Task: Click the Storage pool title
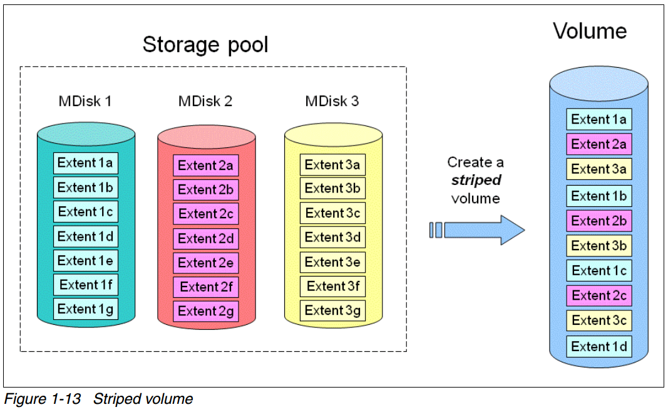tap(205, 45)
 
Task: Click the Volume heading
tap(589, 31)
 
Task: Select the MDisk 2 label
tap(205, 101)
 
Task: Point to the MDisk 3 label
tap(332, 101)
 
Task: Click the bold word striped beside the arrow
tap(476, 181)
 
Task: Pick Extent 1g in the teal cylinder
tap(85, 309)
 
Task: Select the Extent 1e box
tap(85, 260)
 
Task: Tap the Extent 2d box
tap(205, 238)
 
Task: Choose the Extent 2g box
tap(205, 311)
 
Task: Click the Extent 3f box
tap(332, 287)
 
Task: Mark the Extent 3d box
tap(332, 238)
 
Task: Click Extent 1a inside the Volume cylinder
tap(599, 120)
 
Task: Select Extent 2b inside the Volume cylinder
tap(599, 221)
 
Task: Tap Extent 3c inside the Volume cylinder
tap(599, 320)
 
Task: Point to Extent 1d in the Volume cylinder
tap(599, 346)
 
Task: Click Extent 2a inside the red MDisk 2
tap(205, 166)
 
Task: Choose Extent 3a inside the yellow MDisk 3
tap(332, 165)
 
